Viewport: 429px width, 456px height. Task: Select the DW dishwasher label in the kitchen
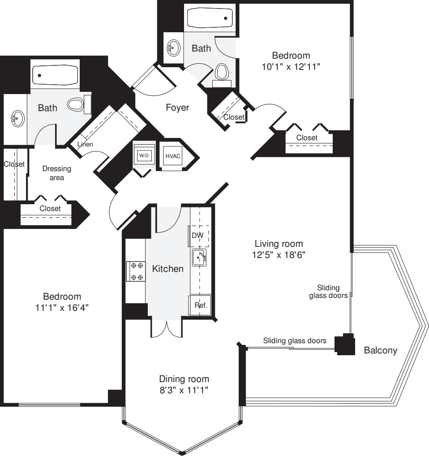pos(197,235)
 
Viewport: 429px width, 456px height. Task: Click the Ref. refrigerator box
pos(199,305)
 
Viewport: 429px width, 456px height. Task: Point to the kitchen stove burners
pos(136,271)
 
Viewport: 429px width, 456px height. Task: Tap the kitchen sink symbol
pos(199,258)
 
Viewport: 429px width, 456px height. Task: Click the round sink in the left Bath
pos(17,118)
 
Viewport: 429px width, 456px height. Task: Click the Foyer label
pos(177,108)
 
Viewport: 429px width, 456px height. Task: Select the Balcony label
pos(380,350)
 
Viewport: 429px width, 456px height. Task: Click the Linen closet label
pos(85,145)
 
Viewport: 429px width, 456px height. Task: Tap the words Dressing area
pos(56,173)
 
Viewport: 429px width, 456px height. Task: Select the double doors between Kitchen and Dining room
pos(166,329)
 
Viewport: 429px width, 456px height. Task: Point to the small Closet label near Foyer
pos(234,117)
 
